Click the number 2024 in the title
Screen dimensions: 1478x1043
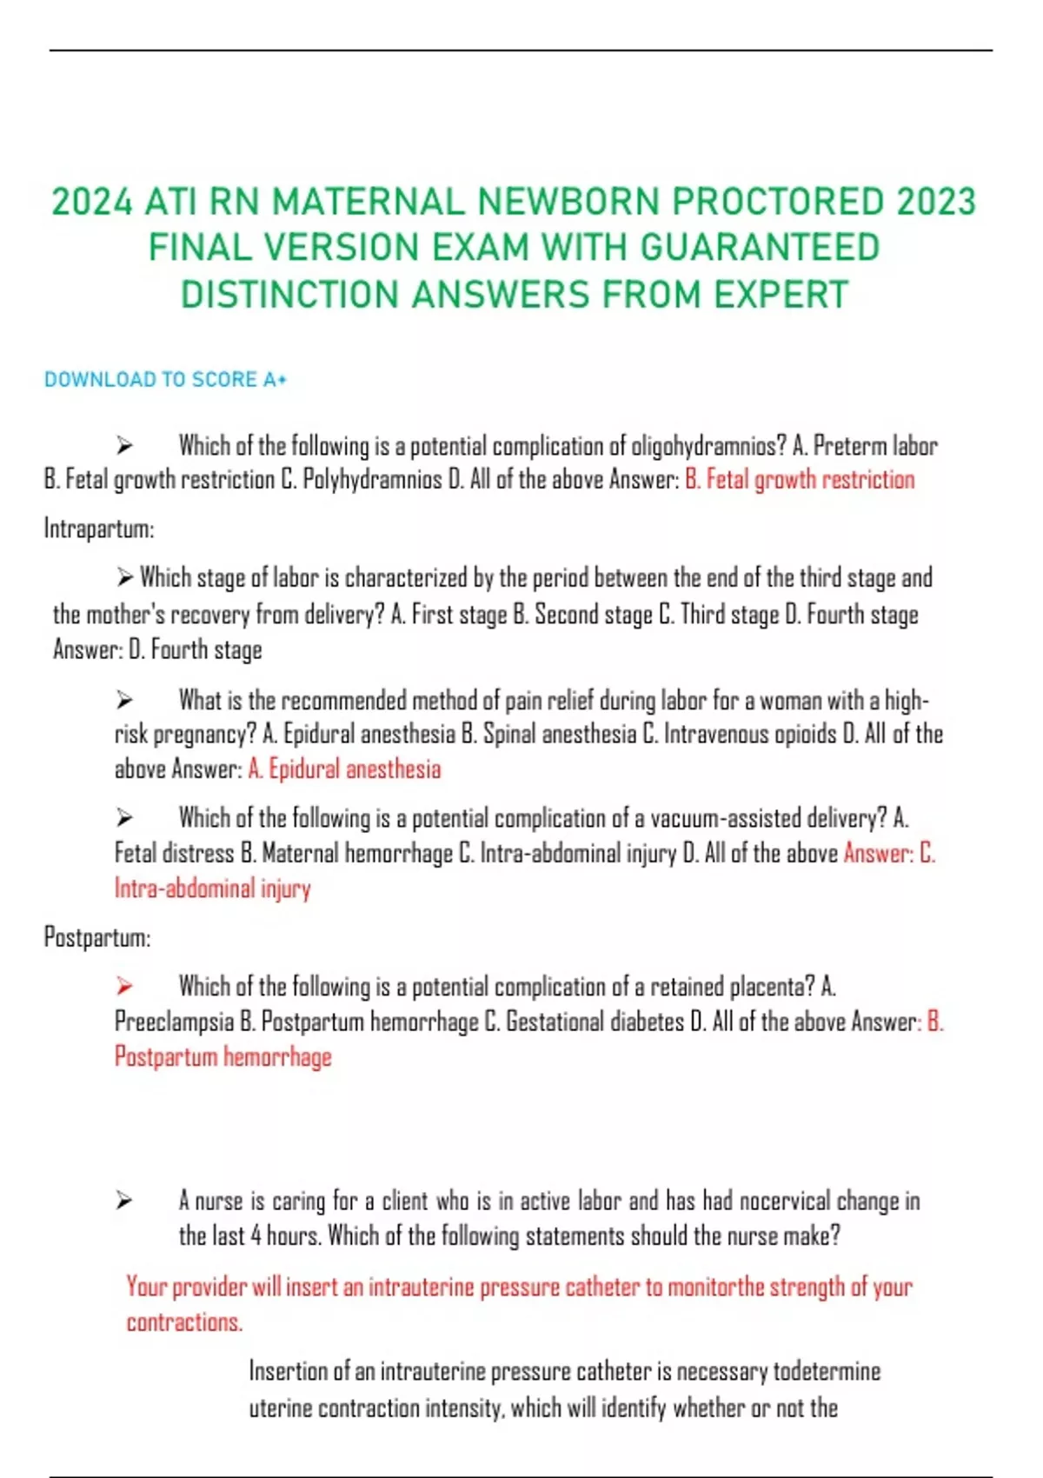click(92, 202)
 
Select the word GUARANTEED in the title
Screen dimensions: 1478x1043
click(760, 248)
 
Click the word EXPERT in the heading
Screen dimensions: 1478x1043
click(781, 295)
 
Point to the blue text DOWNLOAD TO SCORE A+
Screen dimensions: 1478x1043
click(165, 380)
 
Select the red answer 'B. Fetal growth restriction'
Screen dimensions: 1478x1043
click(800, 479)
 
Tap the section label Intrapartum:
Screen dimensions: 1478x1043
click(98, 529)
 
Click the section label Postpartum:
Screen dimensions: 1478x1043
click(96, 937)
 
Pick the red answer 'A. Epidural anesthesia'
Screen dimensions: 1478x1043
click(344, 769)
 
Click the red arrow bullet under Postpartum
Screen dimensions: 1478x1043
click(125, 986)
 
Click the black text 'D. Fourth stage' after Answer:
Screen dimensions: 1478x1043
click(195, 649)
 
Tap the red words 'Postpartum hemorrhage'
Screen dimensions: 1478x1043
click(223, 1056)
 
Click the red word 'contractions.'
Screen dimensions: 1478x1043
click(184, 1322)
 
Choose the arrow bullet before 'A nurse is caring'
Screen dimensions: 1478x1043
click(125, 1201)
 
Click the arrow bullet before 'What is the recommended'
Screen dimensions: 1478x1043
click(125, 700)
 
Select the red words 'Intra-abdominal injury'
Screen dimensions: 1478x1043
click(213, 888)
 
